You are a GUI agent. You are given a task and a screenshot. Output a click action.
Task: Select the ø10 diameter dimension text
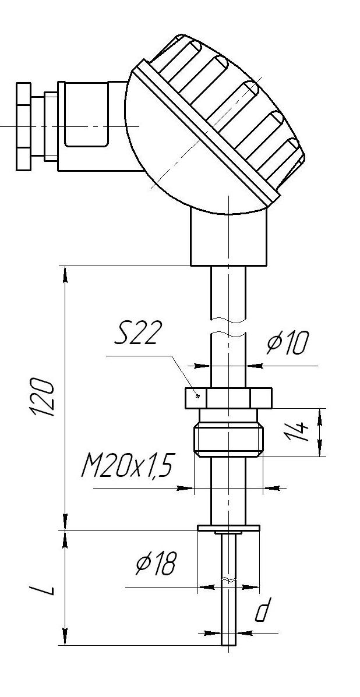point(287,344)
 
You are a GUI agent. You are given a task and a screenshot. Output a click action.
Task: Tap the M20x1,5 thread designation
point(126,466)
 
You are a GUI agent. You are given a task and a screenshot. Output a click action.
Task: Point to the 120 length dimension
point(44,397)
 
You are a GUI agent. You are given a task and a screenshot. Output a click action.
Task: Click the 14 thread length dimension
point(301,432)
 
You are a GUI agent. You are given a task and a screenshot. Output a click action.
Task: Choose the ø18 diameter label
point(156,564)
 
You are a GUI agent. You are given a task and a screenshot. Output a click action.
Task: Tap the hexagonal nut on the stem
point(228,398)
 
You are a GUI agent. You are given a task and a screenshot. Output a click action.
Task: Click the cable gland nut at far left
point(23,126)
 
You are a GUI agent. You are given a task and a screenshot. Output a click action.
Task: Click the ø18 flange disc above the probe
point(228,528)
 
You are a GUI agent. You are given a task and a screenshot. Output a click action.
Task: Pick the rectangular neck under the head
point(228,239)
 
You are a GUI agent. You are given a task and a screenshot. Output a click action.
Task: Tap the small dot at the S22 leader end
point(197,396)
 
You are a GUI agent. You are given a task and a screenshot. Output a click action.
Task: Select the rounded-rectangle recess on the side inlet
point(86,115)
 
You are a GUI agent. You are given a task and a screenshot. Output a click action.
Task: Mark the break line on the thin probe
point(229,581)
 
